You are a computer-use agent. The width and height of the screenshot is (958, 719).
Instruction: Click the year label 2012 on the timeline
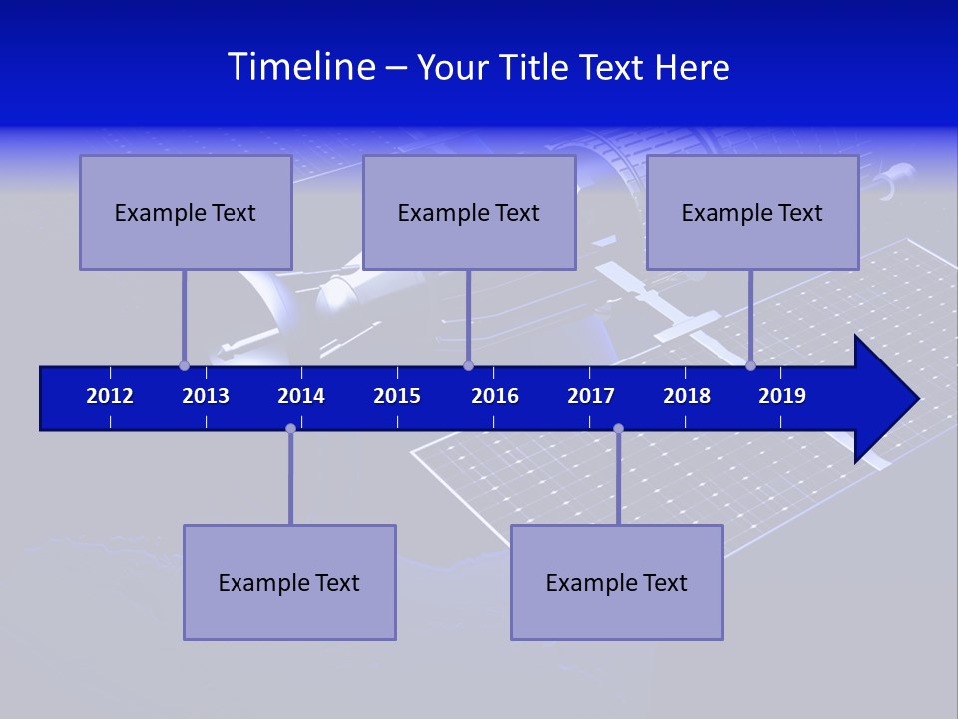tap(110, 396)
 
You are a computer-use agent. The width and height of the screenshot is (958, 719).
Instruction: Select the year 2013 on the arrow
tap(206, 396)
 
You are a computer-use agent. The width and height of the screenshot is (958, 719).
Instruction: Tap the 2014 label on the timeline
tap(301, 396)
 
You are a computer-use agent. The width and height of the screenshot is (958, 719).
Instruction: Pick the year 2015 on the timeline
tap(397, 396)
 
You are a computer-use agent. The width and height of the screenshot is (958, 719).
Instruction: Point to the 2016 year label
tap(495, 396)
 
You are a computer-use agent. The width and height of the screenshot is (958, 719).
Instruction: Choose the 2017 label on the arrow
tap(591, 396)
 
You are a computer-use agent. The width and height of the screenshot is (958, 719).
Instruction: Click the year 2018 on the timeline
tap(687, 396)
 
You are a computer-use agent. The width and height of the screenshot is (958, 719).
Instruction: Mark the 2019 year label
tap(782, 396)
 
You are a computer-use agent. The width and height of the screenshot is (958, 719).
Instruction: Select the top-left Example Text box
tap(186, 213)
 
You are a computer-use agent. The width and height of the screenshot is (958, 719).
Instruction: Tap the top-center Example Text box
tap(469, 213)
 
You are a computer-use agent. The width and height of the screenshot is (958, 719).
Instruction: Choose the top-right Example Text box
tap(752, 213)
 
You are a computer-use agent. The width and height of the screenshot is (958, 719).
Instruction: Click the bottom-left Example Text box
tap(289, 583)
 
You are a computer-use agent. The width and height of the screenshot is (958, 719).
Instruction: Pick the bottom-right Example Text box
tap(617, 583)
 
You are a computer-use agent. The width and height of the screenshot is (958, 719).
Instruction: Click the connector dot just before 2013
tap(184, 365)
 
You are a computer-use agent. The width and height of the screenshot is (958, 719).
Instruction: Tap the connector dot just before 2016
tap(468, 365)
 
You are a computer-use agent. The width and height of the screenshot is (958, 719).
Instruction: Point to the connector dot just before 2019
tap(750, 365)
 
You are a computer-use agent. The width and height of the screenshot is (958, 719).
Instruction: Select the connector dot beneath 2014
tap(290, 428)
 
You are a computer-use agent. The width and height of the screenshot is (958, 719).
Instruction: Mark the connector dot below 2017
tap(618, 428)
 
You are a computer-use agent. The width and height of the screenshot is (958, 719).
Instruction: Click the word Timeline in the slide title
tap(301, 67)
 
